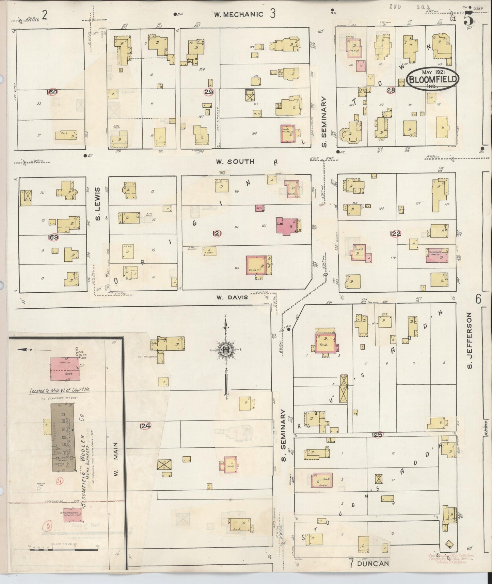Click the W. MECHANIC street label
tap(239, 14)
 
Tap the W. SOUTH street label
tap(235, 161)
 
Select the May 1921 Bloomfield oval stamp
tap(433, 79)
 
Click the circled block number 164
tap(53, 92)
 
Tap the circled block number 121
tap(217, 233)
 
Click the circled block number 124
tap(145, 425)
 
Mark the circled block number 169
tap(54, 237)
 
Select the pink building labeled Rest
tap(66, 369)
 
